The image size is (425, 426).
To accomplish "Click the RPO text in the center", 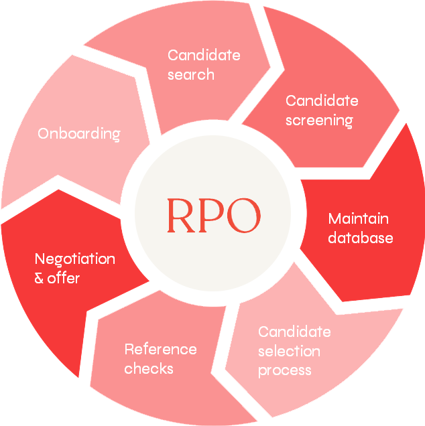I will coord(213,215).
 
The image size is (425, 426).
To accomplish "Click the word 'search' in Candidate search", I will coord(191,74).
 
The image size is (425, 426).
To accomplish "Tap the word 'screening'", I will coord(319,121).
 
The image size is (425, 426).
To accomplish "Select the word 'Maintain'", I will coord(358,219).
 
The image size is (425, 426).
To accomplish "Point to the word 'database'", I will coord(360,238).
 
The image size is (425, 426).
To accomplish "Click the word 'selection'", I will coord(289,351).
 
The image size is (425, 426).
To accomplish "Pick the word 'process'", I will coord(284,370).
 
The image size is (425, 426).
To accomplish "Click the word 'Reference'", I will coord(160,349).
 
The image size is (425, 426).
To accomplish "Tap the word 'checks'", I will coord(149,368).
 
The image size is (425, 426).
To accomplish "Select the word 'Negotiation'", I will coord(74,259).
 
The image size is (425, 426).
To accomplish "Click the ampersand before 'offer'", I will coord(39,277).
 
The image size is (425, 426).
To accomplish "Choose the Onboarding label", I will coord(78,133).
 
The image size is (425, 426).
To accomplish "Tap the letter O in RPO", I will coord(242,215).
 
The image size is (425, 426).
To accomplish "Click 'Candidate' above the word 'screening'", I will coord(322,101).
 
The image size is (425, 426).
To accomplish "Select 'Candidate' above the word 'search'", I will coord(204,55).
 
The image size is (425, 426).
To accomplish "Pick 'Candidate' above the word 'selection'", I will coord(294,332).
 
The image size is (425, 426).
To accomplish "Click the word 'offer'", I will coord(63,277).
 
